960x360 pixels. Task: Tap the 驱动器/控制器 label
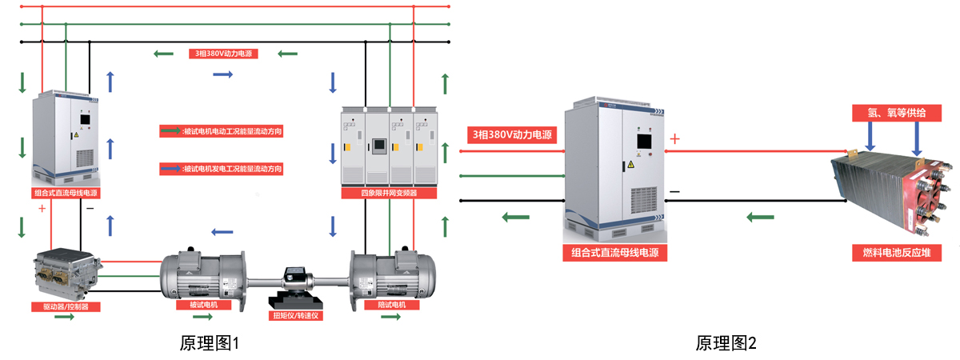[x=66, y=306]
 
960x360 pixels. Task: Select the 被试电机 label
[x=202, y=305]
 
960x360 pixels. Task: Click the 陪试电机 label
[x=390, y=305]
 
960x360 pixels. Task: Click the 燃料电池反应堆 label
[x=896, y=254]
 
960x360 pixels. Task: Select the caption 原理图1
[x=210, y=343]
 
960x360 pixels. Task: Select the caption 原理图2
[x=726, y=343]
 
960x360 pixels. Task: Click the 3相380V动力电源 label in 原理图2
[x=513, y=134]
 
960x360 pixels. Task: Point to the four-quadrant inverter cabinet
[x=390, y=148]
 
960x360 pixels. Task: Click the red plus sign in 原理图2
[x=674, y=140]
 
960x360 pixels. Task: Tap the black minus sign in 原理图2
[x=674, y=192]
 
